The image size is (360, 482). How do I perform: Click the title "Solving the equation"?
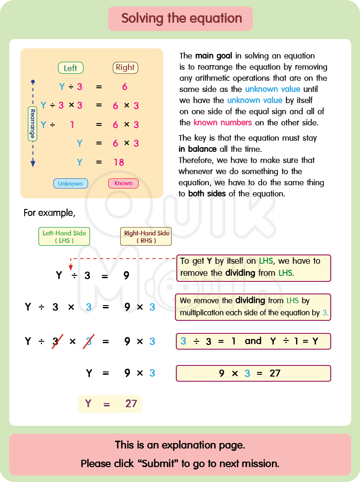[181, 19]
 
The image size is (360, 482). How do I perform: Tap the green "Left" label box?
[71, 68]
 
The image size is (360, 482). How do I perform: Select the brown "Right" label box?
[125, 67]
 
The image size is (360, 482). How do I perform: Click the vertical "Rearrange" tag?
[32, 124]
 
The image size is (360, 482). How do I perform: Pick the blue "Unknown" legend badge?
[70, 183]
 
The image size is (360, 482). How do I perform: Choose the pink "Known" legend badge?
[123, 183]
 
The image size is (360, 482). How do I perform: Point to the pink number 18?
[119, 162]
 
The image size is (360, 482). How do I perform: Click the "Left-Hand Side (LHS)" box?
[64, 236]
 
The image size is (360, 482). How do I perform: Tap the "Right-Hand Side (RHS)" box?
[146, 236]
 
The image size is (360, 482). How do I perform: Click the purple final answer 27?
[131, 404]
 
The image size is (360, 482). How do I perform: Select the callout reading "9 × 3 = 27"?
[253, 373]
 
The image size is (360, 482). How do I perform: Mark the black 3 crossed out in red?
[56, 341]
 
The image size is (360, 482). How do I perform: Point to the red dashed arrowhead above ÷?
[71, 267]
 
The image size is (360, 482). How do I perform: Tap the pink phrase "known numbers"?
[223, 123]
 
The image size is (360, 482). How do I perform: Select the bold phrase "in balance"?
[198, 149]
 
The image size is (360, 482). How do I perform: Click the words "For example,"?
[49, 213]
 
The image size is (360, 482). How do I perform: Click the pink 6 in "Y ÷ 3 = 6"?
[125, 87]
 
